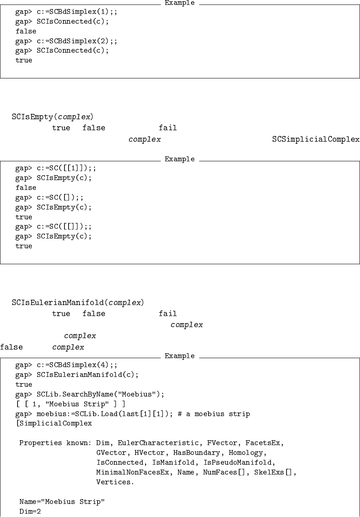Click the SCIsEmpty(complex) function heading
(55, 117)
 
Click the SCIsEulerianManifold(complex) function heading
(78, 303)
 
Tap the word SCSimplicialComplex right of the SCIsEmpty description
(316, 140)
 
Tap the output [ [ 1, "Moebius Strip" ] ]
(70, 404)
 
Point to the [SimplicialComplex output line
(53, 424)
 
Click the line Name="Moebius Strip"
(62, 502)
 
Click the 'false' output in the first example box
(26, 31)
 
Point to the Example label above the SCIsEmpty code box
(180, 159)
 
